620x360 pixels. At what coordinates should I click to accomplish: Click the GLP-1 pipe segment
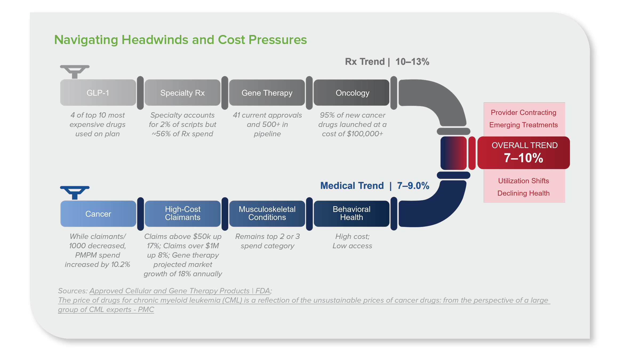tap(98, 93)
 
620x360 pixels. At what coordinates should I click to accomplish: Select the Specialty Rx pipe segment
tap(182, 93)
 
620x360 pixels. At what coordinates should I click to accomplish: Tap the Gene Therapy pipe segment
tap(267, 93)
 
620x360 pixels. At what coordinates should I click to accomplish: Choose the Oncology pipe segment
tap(352, 93)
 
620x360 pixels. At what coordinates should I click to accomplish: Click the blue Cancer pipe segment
tap(98, 214)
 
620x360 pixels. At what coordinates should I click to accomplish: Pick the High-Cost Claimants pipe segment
tap(182, 213)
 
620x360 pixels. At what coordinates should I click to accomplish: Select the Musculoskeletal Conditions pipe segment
tap(267, 213)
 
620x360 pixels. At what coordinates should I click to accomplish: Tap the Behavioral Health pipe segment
tap(351, 213)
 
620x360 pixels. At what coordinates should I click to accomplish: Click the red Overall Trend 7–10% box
tap(524, 153)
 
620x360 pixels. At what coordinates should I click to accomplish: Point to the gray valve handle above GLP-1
tap(75, 71)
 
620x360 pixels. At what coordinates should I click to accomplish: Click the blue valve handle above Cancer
tap(75, 192)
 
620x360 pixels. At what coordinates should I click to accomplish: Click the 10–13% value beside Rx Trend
tap(412, 62)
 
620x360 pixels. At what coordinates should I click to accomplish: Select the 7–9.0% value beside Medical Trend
tap(413, 186)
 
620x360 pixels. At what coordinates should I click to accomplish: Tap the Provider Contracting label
tap(523, 113)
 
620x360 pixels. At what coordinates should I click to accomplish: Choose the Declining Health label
tap(523, 193)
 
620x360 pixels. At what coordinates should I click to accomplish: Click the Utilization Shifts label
tap(523, 181)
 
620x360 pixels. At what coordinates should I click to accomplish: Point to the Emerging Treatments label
tap(523, 125)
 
